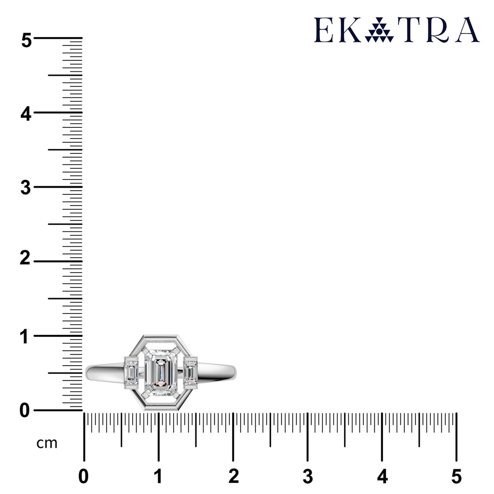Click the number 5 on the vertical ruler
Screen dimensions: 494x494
point(27,41)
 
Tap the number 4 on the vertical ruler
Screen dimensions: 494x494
point(26,114)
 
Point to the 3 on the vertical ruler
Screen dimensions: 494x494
point(26,188)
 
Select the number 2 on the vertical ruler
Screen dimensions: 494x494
point(25,259)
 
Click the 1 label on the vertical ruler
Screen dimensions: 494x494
point(25,336)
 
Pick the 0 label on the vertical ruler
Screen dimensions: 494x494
point(25,411)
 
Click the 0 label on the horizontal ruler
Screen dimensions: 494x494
point(83,476)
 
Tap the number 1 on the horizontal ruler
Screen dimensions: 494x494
point(158,476)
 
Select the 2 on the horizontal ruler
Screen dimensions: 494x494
point(233,476)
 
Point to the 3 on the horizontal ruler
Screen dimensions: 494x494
point(308,476)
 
